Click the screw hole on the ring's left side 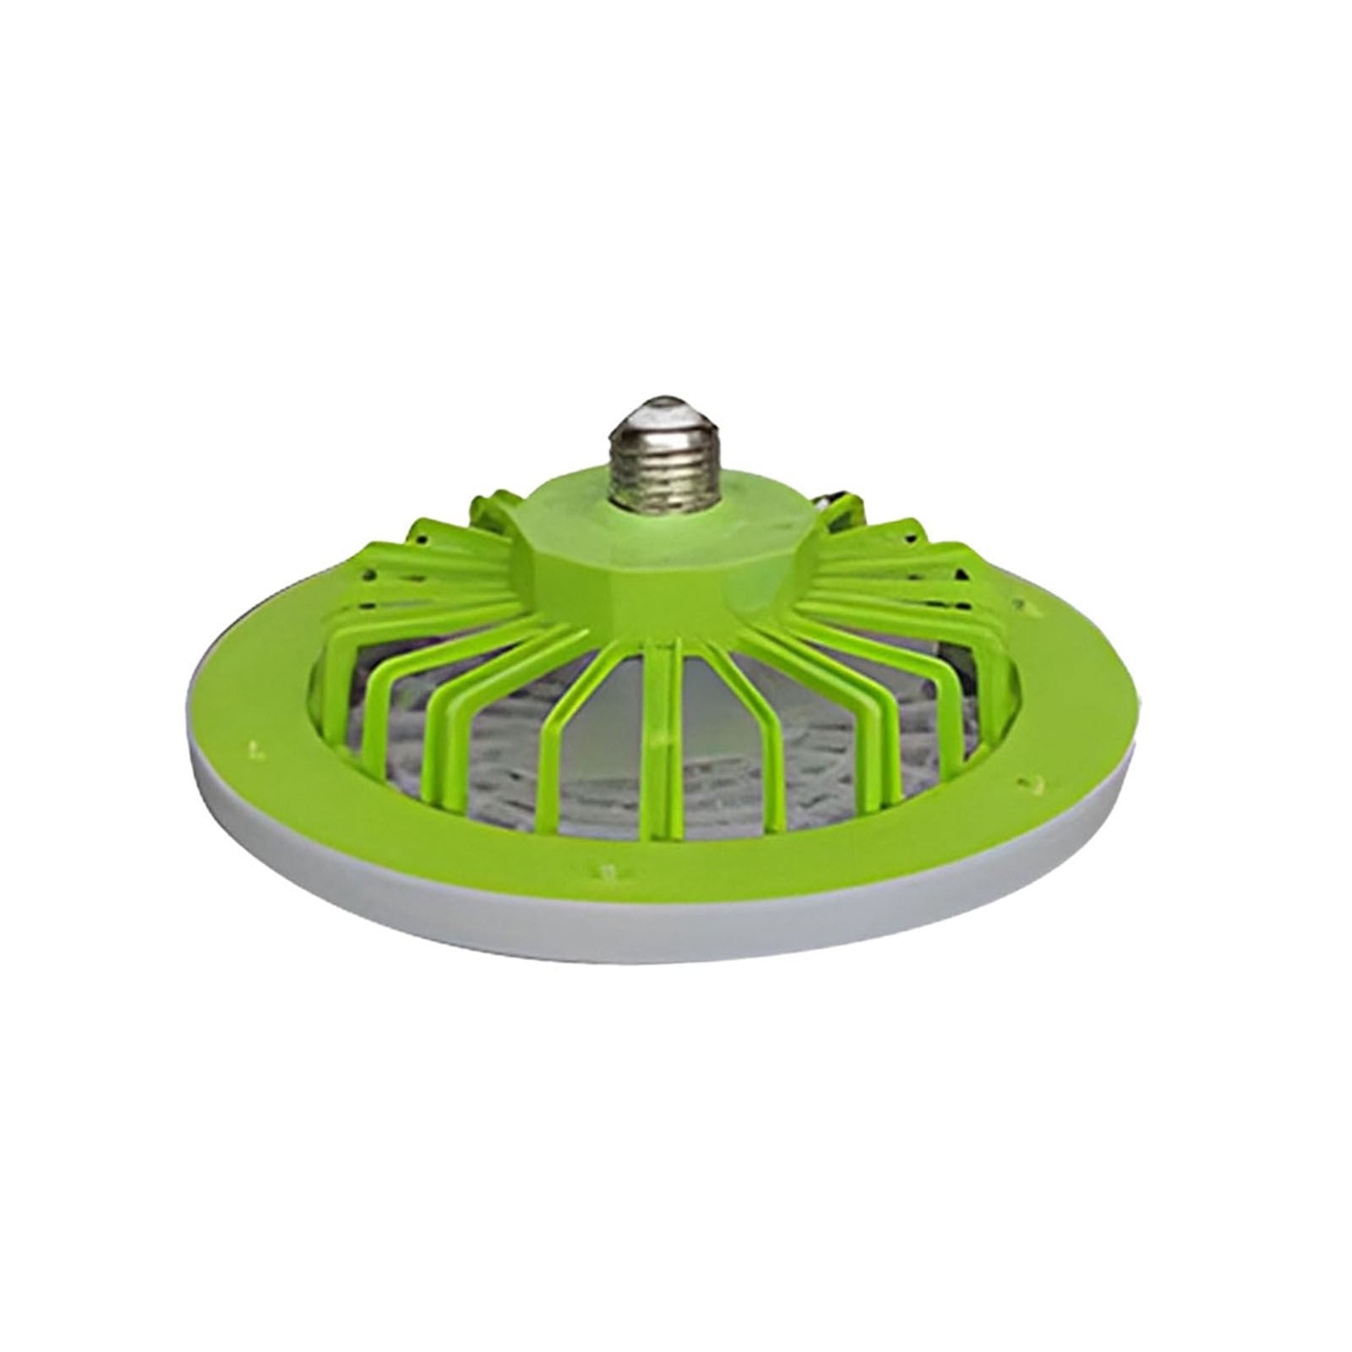253,747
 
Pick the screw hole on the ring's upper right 1026,606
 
